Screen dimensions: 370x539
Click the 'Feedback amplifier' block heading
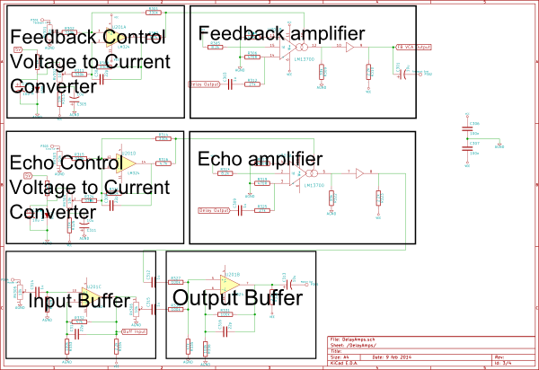[281, 33]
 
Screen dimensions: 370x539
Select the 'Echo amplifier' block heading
[260, 159]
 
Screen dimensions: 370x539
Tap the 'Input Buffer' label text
[78, 301]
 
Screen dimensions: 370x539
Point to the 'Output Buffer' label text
[237, 298]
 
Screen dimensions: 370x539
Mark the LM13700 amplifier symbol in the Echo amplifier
[296, 176]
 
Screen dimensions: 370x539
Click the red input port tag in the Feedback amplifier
[204, 84]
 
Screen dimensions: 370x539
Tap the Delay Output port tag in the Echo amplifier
[214, 212]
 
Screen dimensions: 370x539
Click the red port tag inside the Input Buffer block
[133, 331]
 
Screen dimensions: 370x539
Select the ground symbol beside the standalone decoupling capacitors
[500, 142]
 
